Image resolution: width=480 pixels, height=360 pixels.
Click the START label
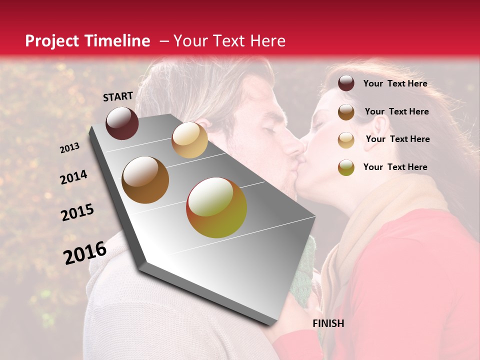point(118,96)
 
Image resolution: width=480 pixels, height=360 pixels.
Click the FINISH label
point(328,323)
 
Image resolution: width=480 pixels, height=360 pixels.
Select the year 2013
point(70,148)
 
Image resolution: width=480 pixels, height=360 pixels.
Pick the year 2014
point(74,177)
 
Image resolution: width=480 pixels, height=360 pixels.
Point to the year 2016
point(85,252)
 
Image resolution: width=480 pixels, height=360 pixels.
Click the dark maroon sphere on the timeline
point(122,123)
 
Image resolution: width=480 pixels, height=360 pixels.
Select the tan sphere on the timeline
point(189,140)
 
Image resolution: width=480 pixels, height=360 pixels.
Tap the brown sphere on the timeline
point(145,180)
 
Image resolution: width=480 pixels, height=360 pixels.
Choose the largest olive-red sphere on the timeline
point(216,207)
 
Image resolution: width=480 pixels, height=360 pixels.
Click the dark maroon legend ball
point(346,83)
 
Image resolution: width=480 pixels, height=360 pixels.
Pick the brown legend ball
point(346,112)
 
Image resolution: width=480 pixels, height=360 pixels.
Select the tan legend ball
point(346,140)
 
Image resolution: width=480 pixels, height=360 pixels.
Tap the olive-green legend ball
point(346,167)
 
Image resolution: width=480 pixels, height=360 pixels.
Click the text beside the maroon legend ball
point(395,83)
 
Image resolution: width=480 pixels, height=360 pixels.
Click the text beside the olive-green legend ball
point(395,167)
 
